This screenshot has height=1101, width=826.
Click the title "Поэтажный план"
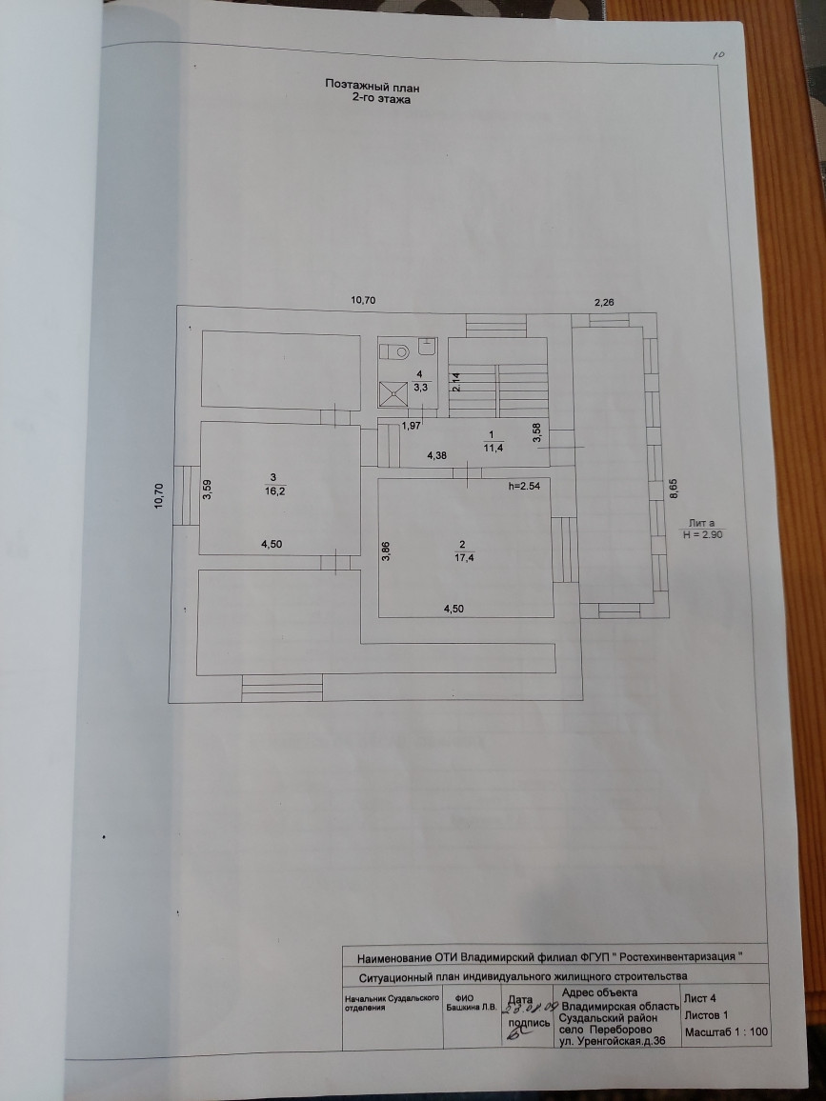[373, 86]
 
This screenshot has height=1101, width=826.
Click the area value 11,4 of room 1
[492, 445]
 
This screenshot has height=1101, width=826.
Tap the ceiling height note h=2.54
[525, 487]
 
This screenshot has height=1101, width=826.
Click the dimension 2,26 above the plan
[605, 302]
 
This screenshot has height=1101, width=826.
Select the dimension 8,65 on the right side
[672, 491]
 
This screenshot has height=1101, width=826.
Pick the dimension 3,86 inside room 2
[386, 551]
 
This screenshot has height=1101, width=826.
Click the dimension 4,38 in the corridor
[437, 456]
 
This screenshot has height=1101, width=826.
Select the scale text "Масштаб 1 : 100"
[726, 1031]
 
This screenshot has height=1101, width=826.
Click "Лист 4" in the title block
[702, 997]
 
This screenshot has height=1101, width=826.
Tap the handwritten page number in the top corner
[718, 56]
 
